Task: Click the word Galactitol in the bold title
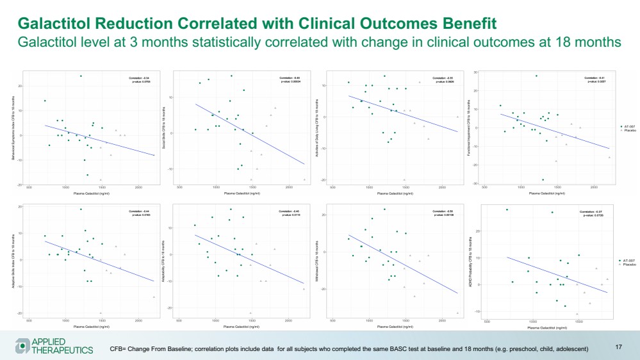pyautogui.click(x=63, y=24)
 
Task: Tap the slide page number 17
pyautogui.click(x=619, y=347)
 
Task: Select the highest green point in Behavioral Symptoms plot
pyautogui.click(x=81, y=76)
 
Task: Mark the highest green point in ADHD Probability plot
pyautogui.click(x=507, y=209)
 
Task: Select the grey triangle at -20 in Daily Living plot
pyautogui.click(x=404, y=180)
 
